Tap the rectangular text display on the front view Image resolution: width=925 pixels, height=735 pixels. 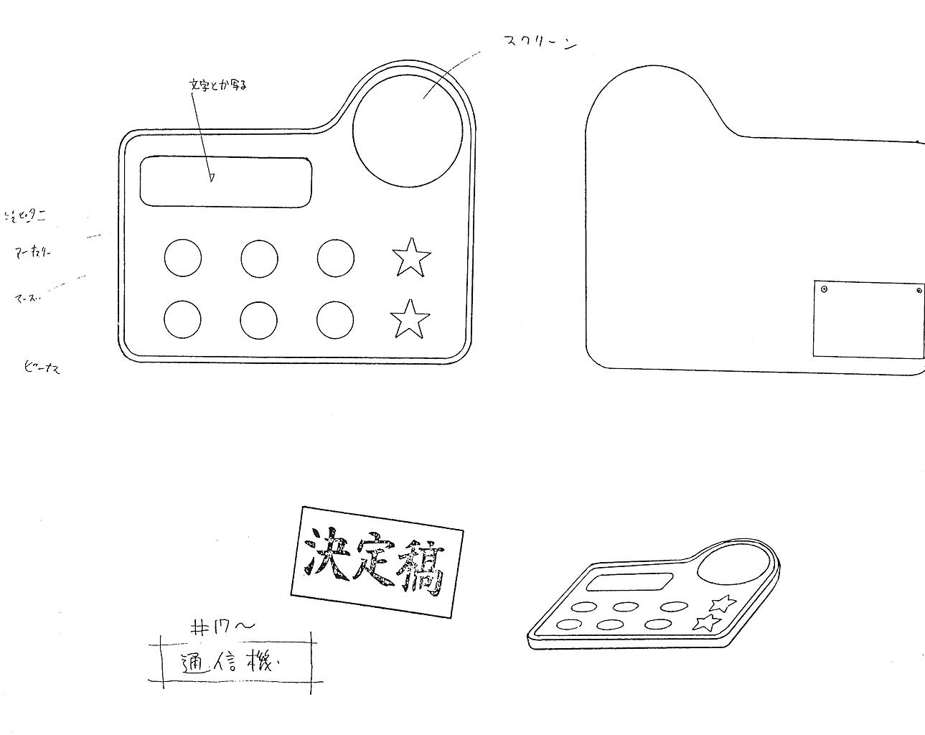(x=226, y=182)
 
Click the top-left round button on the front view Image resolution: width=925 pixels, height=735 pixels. (x=183, y=258)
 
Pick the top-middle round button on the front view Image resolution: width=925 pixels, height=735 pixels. (x=259, y=258)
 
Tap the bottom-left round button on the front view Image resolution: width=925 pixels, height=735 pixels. (x=182, y=319)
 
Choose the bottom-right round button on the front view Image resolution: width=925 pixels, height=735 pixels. (x=335, y=319)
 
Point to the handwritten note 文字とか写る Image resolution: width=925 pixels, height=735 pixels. (x=218, y=85)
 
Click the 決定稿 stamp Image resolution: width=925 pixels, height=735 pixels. (x=377, y=561)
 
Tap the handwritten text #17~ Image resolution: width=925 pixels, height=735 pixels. (x=222, y=627)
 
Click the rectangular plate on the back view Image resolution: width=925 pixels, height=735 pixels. (x=868, y=319)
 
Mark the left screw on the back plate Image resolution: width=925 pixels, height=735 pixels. (x=824, y=289)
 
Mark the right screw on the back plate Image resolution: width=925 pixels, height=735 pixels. (x=919, y=291)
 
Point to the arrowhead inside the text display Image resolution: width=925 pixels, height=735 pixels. (x=212, y=177)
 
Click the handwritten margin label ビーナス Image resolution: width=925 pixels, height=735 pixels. (x=42, y=369)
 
